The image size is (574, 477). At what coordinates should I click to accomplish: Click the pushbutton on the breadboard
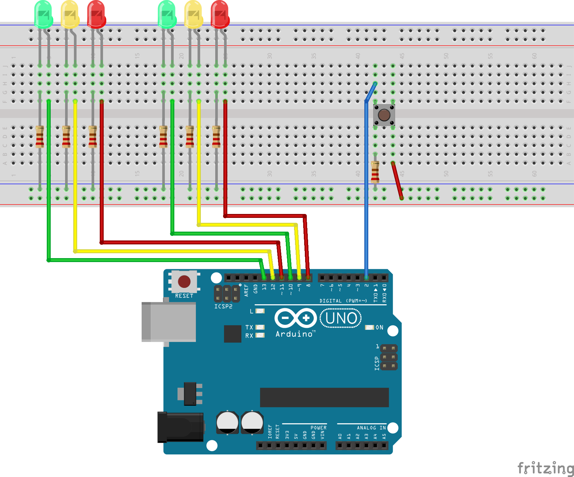click(x=384, y=115)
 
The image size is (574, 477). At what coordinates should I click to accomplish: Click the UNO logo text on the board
click(x=341, y=318)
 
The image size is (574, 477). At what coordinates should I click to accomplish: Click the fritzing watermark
click(x=545, y=468)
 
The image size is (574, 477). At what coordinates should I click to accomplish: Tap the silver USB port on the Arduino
click(x=169, y=322)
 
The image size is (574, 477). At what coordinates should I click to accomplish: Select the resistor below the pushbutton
click(x=375, y=171)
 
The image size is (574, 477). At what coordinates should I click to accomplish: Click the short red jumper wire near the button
click(x=397, y=180)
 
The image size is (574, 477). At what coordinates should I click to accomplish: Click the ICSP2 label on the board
click(x=223, y=307)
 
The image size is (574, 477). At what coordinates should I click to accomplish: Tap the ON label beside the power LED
click(x=379, y=327)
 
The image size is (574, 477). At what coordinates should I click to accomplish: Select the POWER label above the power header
click(x=318, y=428)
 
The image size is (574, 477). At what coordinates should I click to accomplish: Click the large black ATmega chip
click(x=324, y=397)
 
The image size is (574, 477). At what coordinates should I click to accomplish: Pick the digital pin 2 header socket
click(x=366, y=278)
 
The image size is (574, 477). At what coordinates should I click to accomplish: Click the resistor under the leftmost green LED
click(x=40, y=137)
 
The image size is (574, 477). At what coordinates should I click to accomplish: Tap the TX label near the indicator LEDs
click(x=249, y=327)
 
